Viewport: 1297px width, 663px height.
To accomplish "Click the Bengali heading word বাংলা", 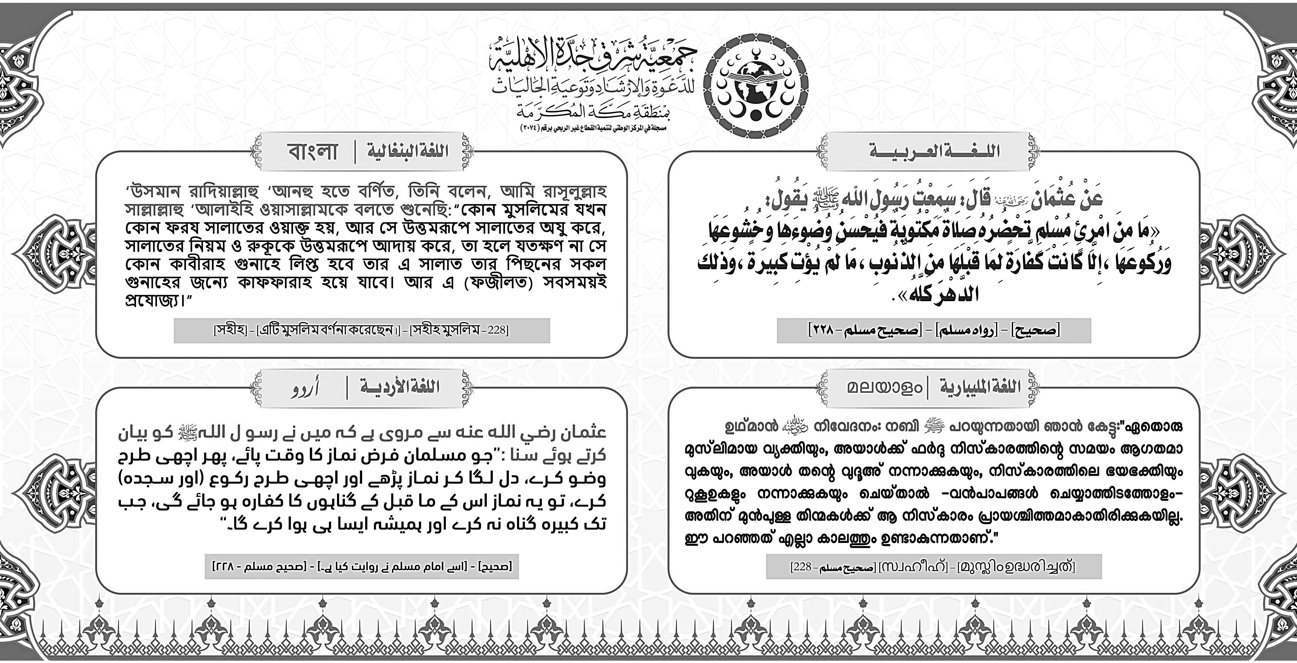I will click(312, 151).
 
